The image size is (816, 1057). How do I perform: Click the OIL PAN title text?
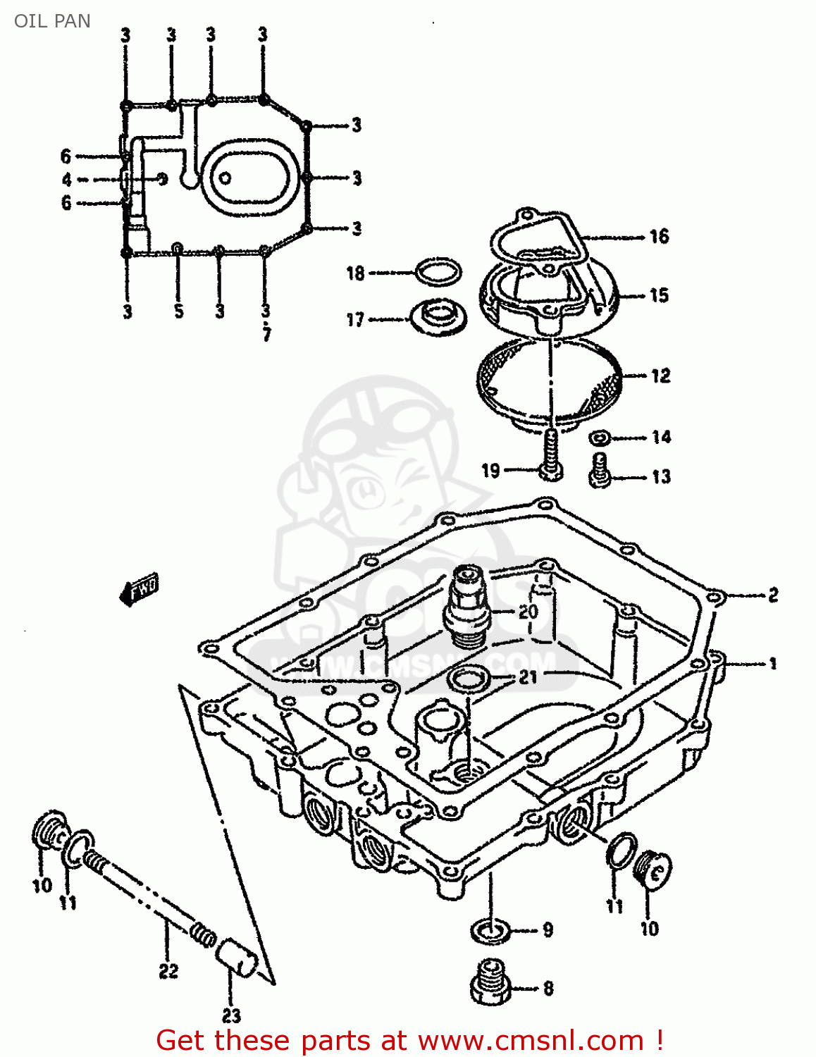click(x=52, y=21)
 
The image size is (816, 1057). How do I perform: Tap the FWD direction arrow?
click(x=140, y=589)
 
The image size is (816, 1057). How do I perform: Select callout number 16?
click(x=659, y=236)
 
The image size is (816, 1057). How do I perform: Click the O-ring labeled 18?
click(x=438, y=272)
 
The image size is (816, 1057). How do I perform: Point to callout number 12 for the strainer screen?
click(x=660, y=376)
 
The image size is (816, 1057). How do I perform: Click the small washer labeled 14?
click(x=600, y=438)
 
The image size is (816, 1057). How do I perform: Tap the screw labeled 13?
click(x=599, y=470)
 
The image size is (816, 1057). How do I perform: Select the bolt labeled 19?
click(x=551, y=458)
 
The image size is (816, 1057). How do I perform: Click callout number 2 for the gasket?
click(x=773, y=595)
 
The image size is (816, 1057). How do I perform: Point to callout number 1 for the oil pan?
click(x=773, y=663)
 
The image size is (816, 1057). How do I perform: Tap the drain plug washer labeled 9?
click(x=491, y=931)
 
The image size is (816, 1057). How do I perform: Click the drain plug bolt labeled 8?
click(x=490, y=982)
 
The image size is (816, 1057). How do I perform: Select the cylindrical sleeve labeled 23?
click(x=235, y=959)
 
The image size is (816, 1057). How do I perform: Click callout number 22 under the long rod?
click(x=168, y=971)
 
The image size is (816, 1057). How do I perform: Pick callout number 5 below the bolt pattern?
click(x=178, y=311)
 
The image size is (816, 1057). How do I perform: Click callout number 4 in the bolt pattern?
click(x=66, y=180)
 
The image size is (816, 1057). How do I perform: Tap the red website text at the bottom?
click(x=409, y=1040)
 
